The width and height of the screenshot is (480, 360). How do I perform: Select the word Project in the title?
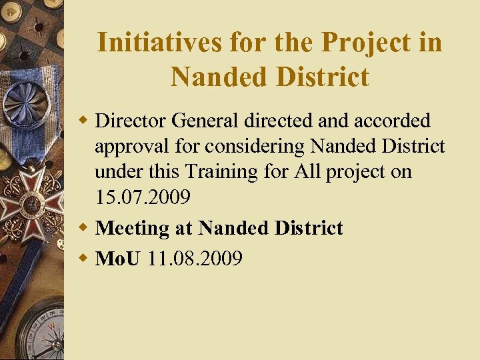click(x=365, y=43)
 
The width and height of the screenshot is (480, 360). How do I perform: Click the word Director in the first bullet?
click(x=131, y=121)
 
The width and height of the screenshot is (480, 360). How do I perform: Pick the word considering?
click(x=257, y=146)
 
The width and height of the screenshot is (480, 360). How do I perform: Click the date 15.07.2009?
click(x=143, y=198)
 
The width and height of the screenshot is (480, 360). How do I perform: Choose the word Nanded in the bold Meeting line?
click(x=231, y=228)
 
